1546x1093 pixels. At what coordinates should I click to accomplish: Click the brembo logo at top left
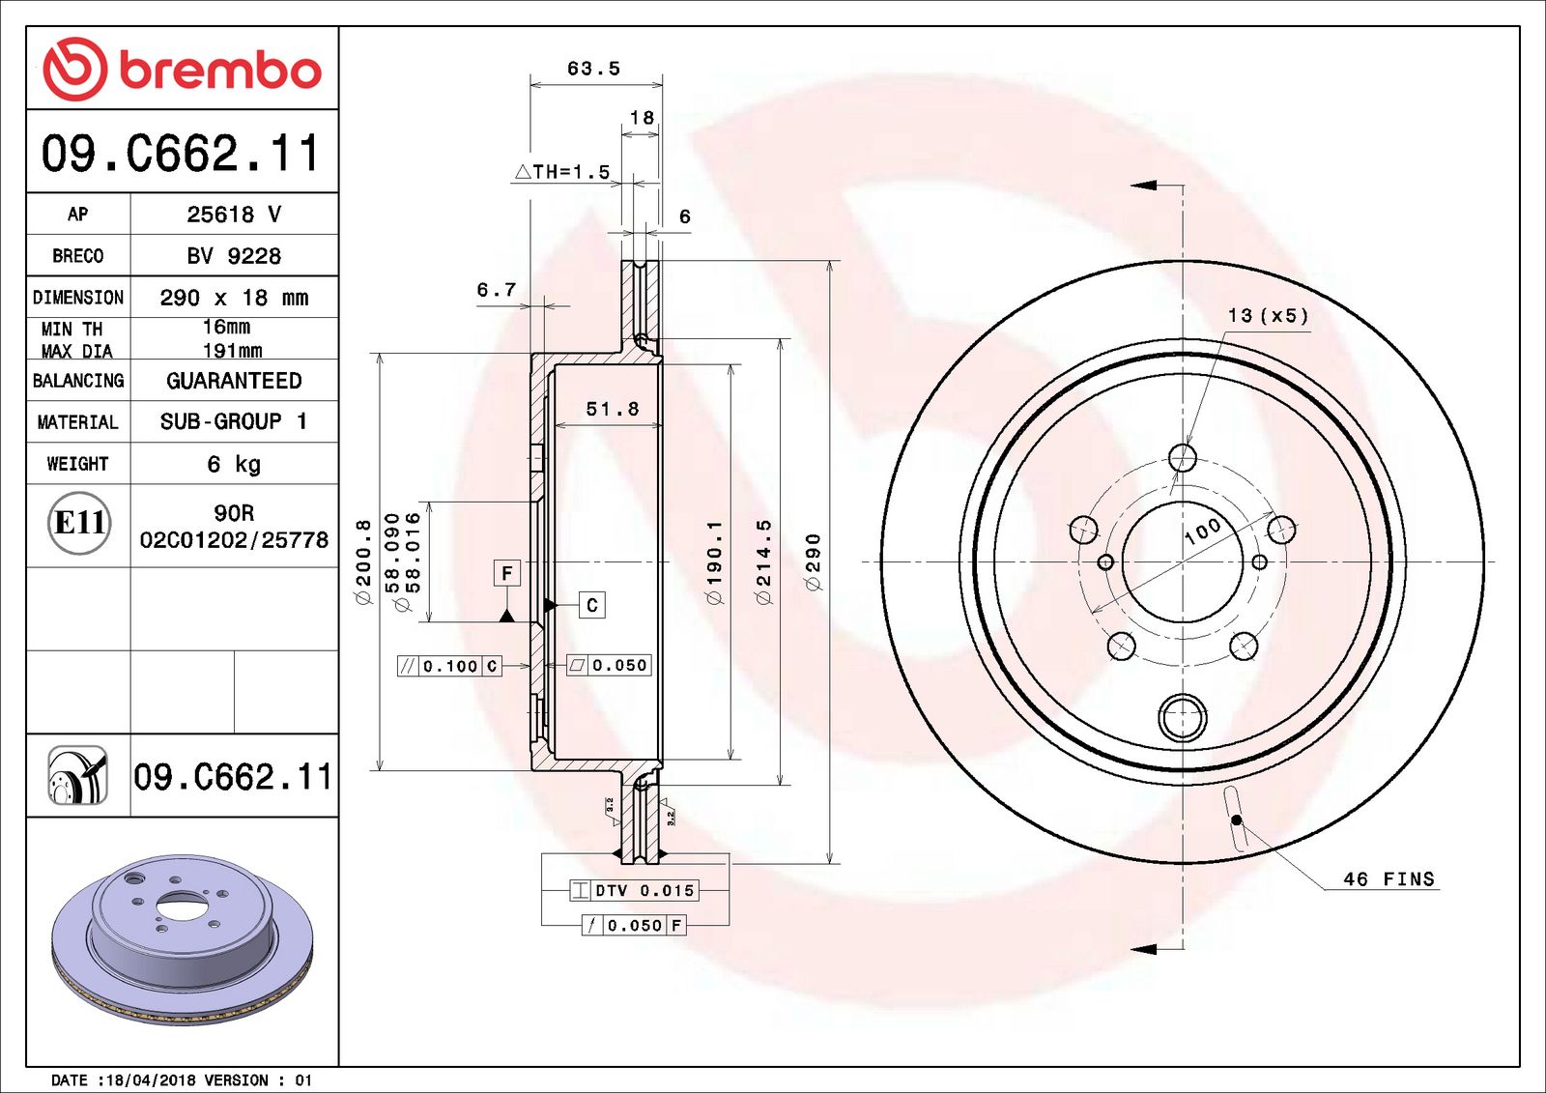182,70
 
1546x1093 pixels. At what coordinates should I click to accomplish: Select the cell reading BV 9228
234,256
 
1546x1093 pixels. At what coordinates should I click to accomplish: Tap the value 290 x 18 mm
234,298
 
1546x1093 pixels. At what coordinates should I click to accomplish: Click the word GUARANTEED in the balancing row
234,381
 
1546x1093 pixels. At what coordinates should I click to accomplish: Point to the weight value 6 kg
234,464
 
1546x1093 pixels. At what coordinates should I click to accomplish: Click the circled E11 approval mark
79,523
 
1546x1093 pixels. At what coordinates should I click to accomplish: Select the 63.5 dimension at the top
593,69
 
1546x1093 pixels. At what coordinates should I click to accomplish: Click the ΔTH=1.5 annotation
562,172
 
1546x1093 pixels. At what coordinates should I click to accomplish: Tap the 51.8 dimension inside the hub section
612,409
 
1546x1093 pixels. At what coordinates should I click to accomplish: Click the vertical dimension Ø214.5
764,562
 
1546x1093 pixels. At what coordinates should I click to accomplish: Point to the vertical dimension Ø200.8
363,562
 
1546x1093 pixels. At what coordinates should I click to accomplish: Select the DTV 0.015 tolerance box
634,890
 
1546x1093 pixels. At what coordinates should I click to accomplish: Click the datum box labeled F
507,573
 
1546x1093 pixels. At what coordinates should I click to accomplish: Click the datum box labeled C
592,605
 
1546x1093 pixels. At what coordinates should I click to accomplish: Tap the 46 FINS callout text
1389,878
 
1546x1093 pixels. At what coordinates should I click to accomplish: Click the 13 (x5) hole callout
1268,316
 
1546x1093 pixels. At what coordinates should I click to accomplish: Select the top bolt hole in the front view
1183,457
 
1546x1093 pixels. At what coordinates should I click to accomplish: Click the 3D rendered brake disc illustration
182,937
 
